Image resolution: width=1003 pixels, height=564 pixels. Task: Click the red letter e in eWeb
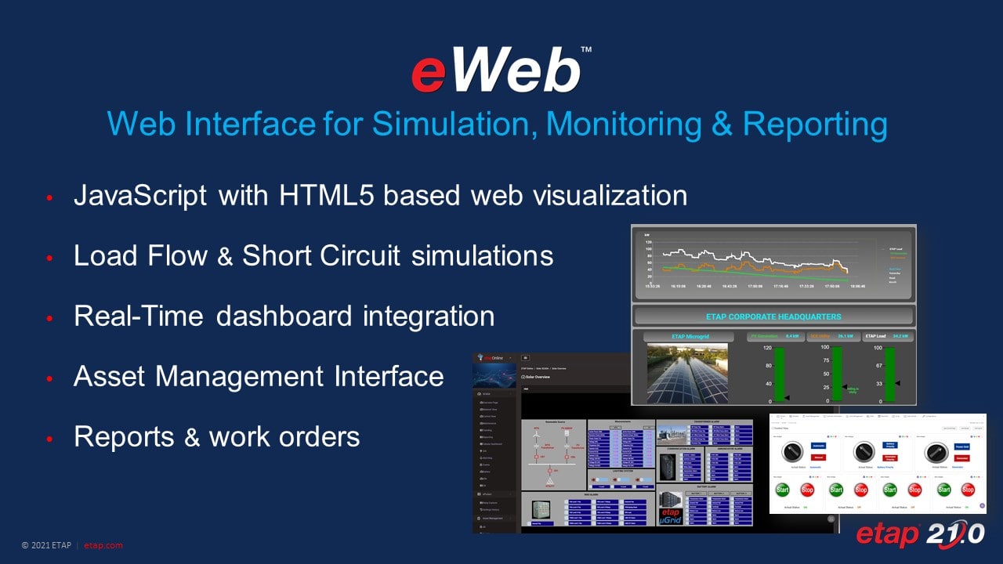point(431,74)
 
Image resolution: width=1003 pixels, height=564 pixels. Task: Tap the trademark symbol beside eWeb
point(587,49)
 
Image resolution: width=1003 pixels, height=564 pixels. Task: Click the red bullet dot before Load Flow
point(49,257)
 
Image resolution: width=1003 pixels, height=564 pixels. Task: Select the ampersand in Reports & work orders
point(192,437)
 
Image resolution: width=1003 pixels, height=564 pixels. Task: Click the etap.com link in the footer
point(103,545)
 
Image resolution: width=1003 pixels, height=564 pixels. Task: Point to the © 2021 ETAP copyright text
point(48,545)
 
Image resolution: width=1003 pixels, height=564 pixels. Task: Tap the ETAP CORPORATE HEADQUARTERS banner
point(773,316)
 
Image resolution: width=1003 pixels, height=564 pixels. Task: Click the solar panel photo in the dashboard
point(686,374)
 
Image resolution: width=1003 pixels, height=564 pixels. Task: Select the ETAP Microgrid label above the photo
point(686,336)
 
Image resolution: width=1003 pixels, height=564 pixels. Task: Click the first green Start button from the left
point(782,489)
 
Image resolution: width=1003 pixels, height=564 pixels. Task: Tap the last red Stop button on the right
point(968,489)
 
